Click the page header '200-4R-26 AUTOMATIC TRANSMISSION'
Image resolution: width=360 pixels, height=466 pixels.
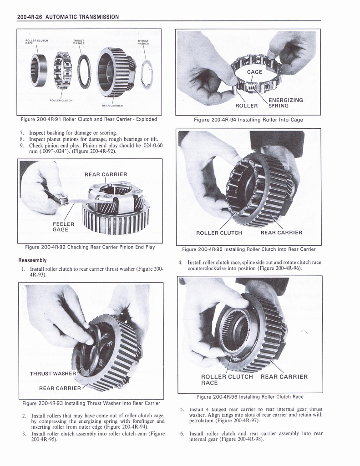[67, 17]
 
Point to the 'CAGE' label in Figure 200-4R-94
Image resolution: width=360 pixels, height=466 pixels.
[254, 72]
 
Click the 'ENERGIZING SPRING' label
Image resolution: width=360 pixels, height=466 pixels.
[285, 102]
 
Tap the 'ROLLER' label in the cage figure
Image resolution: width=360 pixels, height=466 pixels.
[246, 106]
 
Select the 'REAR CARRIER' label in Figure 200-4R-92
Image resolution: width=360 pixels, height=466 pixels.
[106, 174]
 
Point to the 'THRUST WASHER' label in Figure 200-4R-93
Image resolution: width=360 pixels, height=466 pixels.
[52, 374]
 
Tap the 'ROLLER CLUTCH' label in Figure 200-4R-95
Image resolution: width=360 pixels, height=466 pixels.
[219, 233]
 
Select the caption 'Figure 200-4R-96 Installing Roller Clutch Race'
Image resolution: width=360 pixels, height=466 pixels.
[250, 396]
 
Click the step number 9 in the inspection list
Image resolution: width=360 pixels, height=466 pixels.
[21, 146]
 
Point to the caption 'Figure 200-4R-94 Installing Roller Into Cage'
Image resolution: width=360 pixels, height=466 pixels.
[248, 120]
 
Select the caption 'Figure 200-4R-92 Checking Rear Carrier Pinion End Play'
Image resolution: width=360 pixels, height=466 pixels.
[90, 247]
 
